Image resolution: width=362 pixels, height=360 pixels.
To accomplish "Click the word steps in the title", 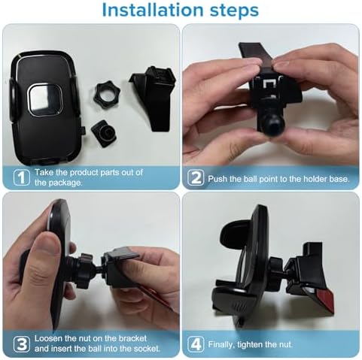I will pos(230,11).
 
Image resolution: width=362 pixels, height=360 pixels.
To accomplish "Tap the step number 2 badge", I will pos(195,177).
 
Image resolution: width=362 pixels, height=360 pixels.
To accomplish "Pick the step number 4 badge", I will pos(195,345).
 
